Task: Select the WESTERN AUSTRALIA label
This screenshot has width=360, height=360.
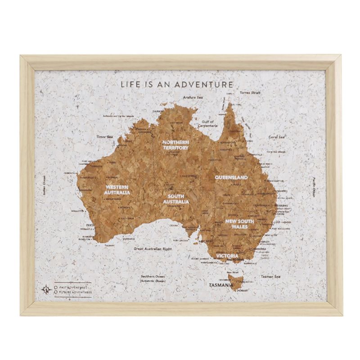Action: point(117,189)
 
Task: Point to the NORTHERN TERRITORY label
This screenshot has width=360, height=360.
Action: point(176,144)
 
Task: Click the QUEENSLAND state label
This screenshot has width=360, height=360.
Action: point(231,178)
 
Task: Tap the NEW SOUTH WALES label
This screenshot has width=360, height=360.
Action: point(239,224)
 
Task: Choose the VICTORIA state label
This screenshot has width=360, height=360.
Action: point(227,256)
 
